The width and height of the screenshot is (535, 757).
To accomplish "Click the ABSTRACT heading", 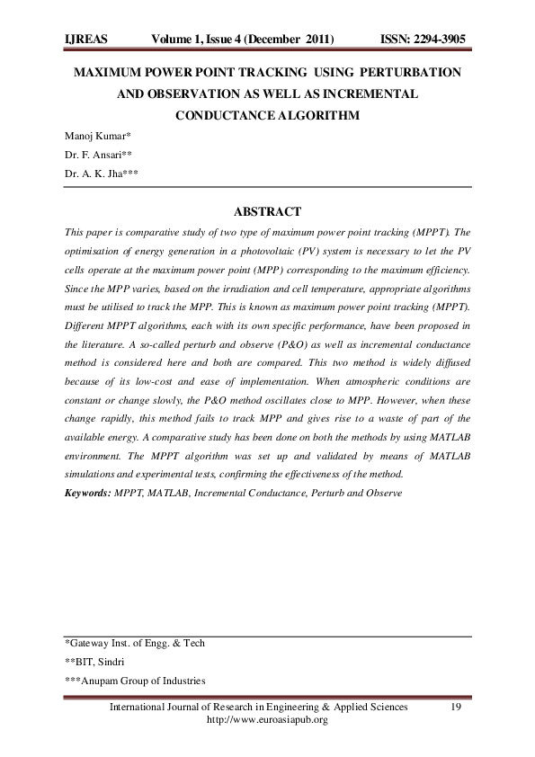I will [x=267, y=212].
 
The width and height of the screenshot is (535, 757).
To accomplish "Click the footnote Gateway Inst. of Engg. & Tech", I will [x=135, y=644].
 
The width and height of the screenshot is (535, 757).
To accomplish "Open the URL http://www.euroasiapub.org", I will [x=267, y=720].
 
